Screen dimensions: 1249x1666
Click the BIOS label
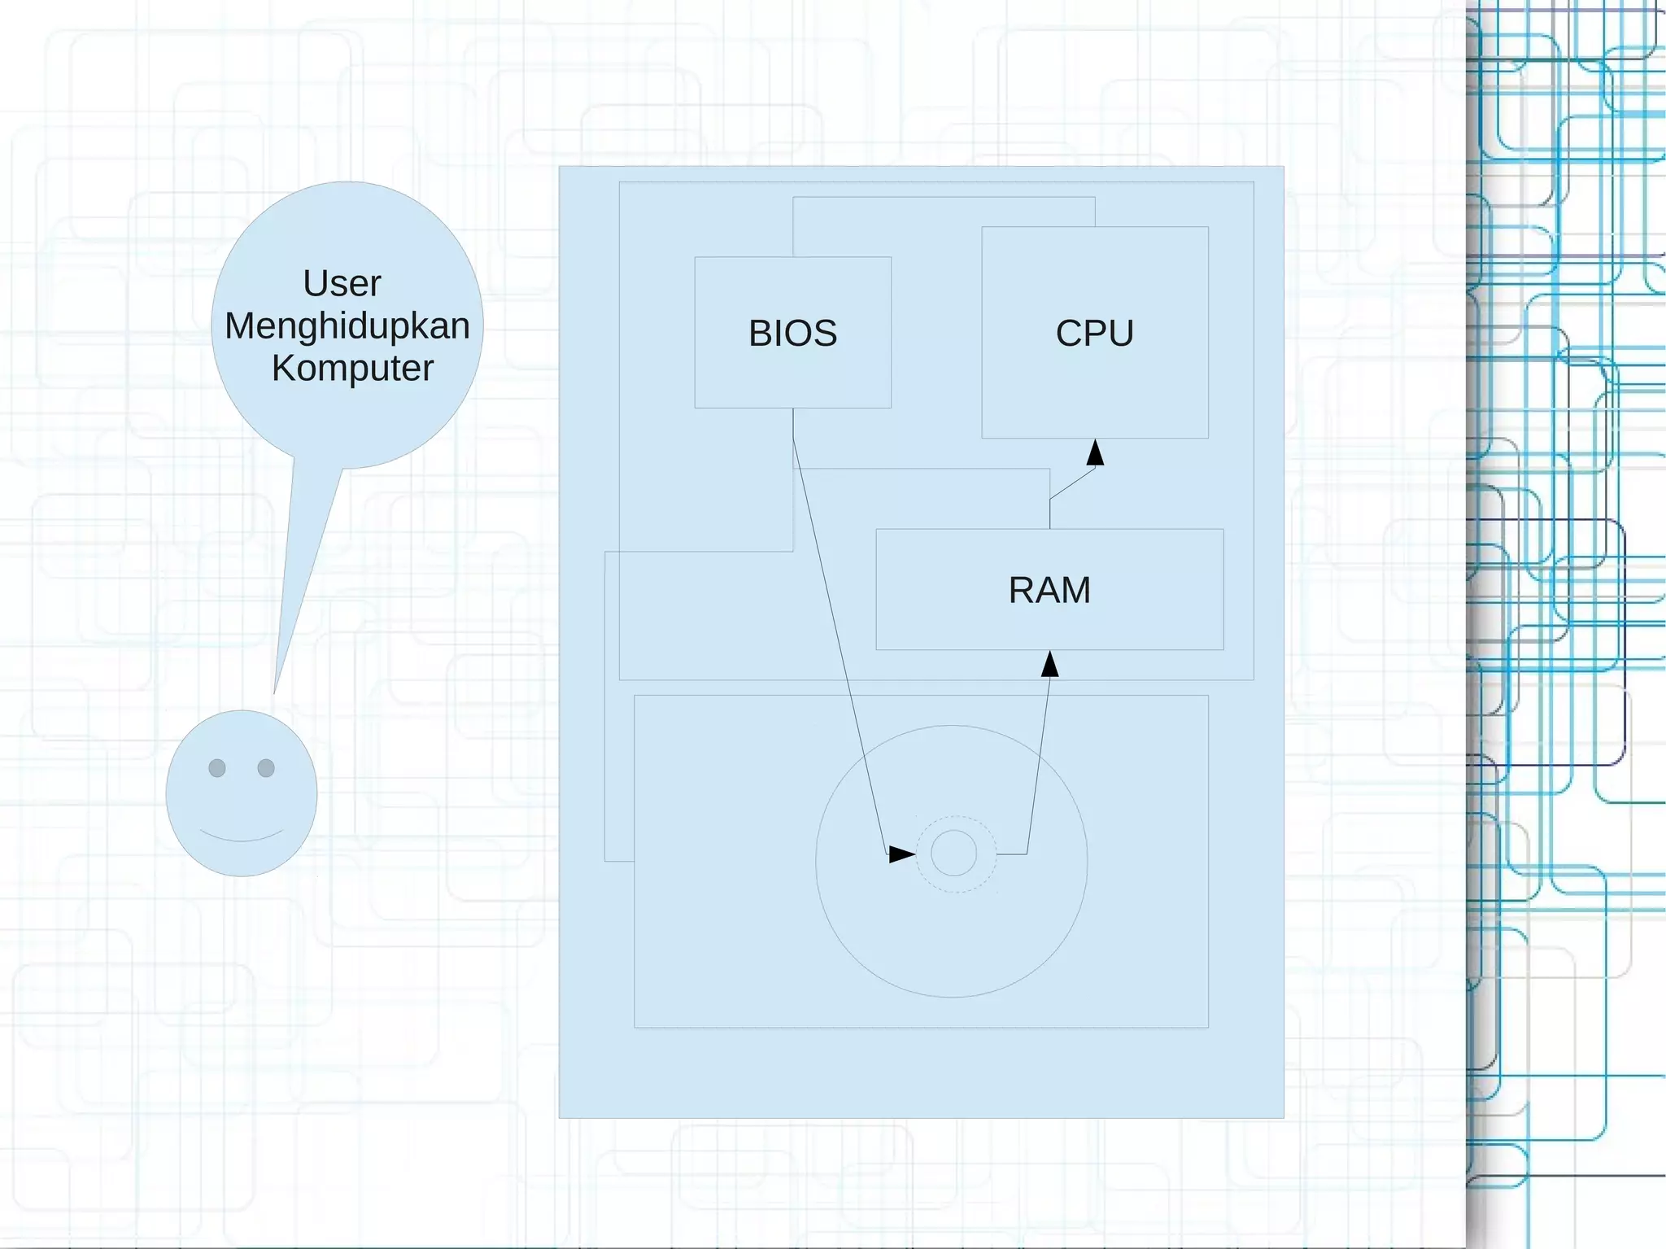click(792, 334)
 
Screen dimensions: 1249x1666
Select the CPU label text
click(1094, 334)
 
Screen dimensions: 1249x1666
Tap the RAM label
click(1049, 590)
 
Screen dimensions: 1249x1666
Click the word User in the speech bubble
click(342, 284)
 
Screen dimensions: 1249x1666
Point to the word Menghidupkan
click(347, 326)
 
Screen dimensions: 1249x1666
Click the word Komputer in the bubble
click(352, 369)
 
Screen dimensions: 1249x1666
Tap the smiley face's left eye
click(217, 768)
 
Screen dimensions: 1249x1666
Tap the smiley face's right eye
click(266, 768)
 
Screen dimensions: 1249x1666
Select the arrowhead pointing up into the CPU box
click(1096, 453)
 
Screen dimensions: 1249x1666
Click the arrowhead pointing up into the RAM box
click(1050, 665)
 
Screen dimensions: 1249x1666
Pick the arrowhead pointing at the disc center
click(901, 854)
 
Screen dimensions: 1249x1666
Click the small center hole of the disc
click(953, 853)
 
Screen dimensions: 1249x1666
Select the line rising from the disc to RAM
click(1038, 765)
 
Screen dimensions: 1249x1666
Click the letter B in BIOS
click(759, 334)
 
